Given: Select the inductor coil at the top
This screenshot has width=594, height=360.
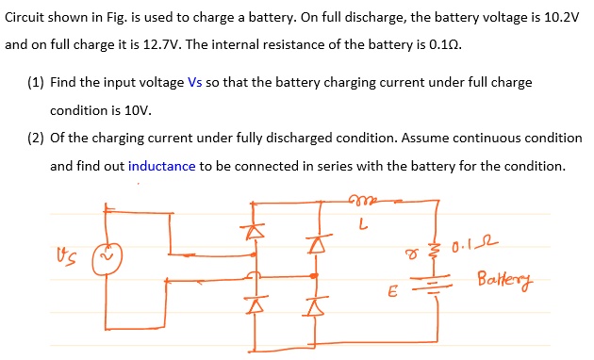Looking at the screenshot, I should pos(360,199).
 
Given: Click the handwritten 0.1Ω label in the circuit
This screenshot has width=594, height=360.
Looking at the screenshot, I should pos(478,248).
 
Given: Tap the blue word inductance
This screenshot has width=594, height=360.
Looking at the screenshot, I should pos(161,166).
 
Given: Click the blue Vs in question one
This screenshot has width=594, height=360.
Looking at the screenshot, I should pos(195,82).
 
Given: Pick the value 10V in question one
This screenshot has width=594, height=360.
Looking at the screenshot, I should pos(103,109).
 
